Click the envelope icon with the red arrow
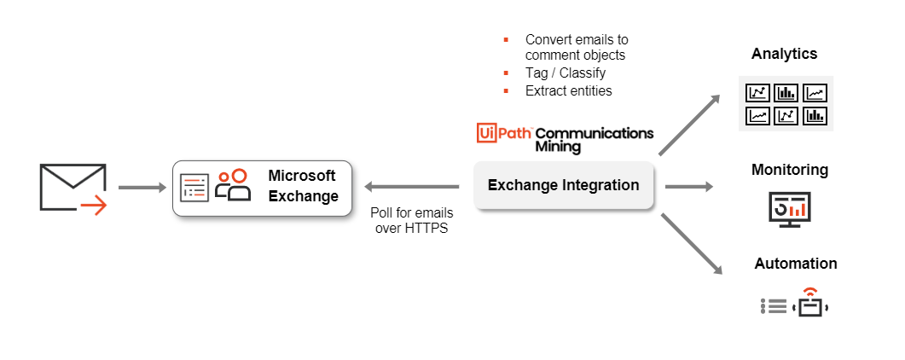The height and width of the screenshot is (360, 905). coord(73,188)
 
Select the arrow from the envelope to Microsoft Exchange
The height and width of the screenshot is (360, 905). coord(142,188)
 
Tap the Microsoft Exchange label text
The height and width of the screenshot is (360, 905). coord(303,186)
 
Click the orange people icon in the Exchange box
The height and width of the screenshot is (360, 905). coord(233,184)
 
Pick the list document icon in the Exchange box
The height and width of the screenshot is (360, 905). coord(194,187)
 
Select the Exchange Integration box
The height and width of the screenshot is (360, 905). coord(563,185)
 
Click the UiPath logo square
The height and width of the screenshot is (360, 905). coord(486,133)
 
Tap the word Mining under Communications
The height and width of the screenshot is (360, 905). coord(560,147)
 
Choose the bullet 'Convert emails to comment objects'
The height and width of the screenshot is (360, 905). coord(576,48)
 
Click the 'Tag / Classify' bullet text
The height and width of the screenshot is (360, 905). coord(565,73)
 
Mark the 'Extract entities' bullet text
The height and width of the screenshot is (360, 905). coord(568,90)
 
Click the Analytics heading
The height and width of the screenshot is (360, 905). coord(784,54)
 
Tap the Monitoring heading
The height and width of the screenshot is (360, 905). coord(789,170)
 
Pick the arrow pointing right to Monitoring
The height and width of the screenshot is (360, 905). coord(687,186)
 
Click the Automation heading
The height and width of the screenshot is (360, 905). coord(795,264)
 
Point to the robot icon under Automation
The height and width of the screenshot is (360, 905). coord(810,304)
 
